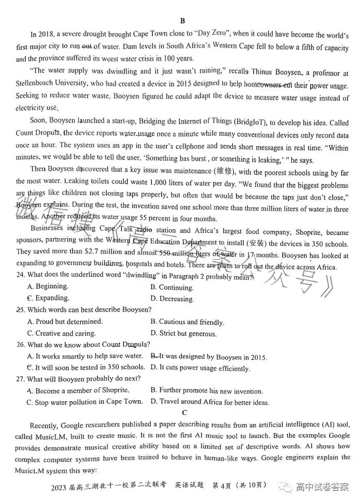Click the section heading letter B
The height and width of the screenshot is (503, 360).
(x=182, y=21)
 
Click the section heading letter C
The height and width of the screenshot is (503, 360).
(x=184, y=413)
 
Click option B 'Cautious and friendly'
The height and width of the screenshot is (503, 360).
(x=187, y=322)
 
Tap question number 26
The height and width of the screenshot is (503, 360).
(x=21, y=344)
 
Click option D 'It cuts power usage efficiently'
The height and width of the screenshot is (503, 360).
(x=200, y=368)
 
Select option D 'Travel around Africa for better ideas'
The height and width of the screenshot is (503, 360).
(x=210, y=402)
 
